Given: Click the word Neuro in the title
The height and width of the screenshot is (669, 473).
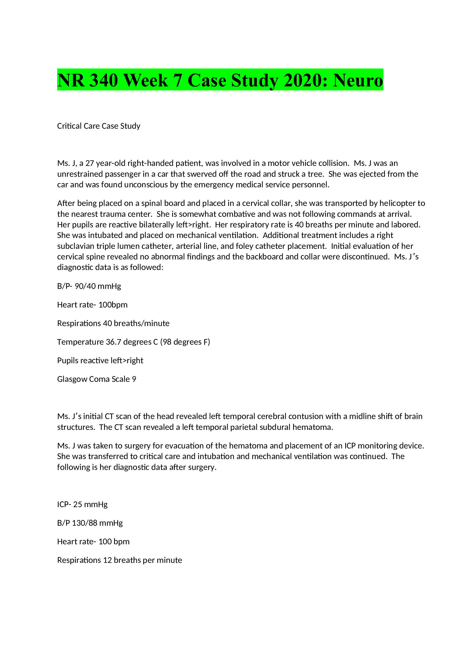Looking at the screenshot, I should click(x=358, y=80).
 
